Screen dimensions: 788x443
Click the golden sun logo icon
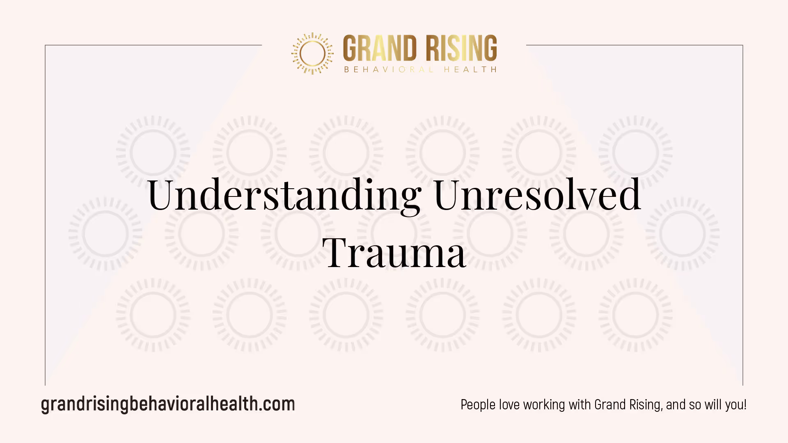(x=312, y=53)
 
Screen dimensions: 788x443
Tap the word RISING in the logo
(x=461, y=48)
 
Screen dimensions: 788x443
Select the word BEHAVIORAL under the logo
(x=389, y=70)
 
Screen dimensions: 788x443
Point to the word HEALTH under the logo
(x=470, y=70)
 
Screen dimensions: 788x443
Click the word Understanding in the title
(x=284, y=195)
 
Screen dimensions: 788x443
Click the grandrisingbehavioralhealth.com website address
(x=168, y=404)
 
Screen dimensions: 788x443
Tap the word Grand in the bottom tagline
(x=610, y=405)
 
